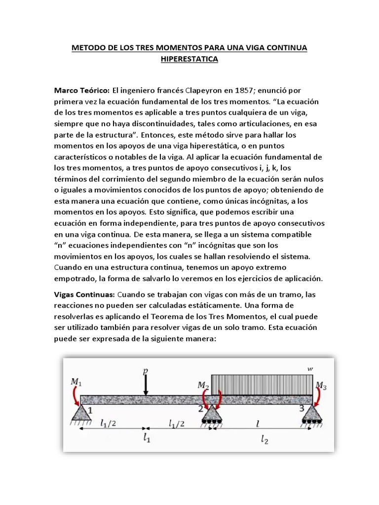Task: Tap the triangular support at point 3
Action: [x=311, y=413]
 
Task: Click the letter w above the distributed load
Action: [x=309, y=368]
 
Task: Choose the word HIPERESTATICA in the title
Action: [x=189, y=60]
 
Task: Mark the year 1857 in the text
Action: [x=247, y=91]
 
